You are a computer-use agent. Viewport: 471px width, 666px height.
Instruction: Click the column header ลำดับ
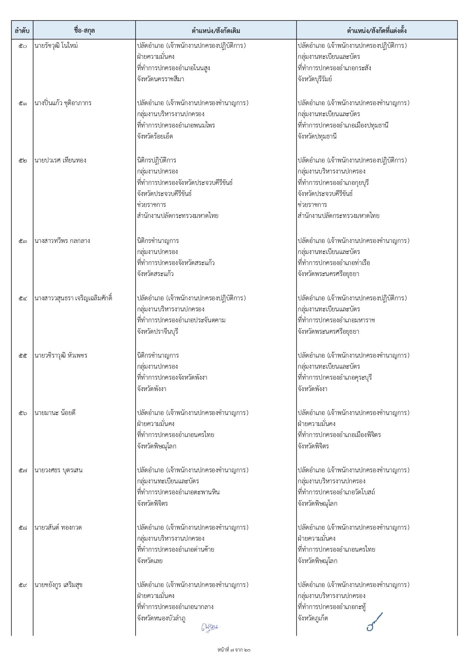pos(22,31)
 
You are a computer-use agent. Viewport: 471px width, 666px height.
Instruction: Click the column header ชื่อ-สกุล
pos(84,31)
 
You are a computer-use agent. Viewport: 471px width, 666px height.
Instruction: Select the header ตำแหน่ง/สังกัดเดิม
pos(216,31)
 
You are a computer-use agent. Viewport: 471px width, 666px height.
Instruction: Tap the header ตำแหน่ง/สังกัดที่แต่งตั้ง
pos(377,31)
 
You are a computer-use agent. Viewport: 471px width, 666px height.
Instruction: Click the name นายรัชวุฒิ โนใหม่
pos(56,46)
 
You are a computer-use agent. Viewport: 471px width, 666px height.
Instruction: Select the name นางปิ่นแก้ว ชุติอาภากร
pos(63,103)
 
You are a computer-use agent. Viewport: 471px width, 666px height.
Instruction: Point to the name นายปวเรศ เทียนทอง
pos(60,161)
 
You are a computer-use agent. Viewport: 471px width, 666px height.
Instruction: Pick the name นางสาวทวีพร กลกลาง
pos(62,241)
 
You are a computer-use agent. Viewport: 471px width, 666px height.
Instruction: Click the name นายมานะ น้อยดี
pos(55,413)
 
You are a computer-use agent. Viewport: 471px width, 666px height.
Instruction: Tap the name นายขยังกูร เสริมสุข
pos(58,585)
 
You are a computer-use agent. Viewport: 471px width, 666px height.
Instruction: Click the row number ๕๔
pos(23,298)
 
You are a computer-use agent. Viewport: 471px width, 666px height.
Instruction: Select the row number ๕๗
pos(23,470)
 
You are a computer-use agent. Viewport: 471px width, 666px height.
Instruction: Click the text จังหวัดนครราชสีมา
pos(161,79)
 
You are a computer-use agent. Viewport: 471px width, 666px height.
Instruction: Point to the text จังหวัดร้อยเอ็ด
pos(155,137)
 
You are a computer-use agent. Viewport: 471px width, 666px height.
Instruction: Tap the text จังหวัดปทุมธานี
pos(317,137)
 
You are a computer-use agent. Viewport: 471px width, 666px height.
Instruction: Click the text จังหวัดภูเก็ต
pos(313,619)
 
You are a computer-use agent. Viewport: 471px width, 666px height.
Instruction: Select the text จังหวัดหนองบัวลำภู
pos(161,619)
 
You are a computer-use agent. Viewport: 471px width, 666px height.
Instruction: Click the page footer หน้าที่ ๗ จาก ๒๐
pos(234,650)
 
